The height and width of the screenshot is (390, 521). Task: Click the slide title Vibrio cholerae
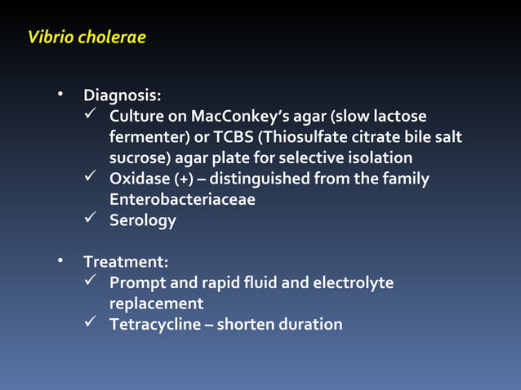tap(87, 38)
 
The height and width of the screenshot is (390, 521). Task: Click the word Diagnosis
tap(126, 95)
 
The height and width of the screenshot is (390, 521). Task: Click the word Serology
tap(142, 220)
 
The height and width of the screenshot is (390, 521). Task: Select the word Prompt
tap(137, 283)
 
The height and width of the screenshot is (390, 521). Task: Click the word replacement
tap(156, 304)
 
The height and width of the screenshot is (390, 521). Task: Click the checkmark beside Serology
tap(91, 219)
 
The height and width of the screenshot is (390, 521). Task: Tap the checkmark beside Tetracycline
tap(91, 323)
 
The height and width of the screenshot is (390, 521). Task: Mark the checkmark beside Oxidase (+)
tap(91, 177)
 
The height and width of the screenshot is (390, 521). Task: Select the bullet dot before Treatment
tap(60, 261)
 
